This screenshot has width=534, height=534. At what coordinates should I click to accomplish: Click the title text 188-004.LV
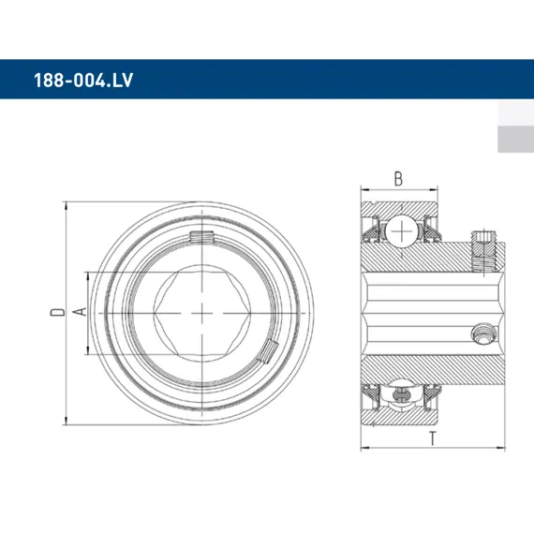pyautogui.click(x=83, y=81)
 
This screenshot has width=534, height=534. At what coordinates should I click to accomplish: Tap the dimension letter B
pyautogui.click(x=398, y=179)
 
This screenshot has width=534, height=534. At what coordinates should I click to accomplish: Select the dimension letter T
pyautogui.click(x=432, y=438)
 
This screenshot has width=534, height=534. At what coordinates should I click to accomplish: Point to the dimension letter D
pyautogui.click(x=57, y=312)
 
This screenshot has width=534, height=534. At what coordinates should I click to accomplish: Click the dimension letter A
pyautogui.click(x=80, y=312)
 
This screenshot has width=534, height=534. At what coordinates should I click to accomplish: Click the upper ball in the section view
pyautogui.click(x=402, y=231)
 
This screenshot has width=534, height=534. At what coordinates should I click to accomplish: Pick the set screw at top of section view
pyautogui.click(x=483, y=251)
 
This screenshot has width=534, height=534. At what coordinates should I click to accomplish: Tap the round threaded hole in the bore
pyautogui.click(x=483, y=334)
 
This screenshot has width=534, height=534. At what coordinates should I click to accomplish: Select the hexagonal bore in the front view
pyautogui.click(x=202, y=313)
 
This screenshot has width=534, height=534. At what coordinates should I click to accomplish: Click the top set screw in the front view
pyautogui.click(x=202, y=237)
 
